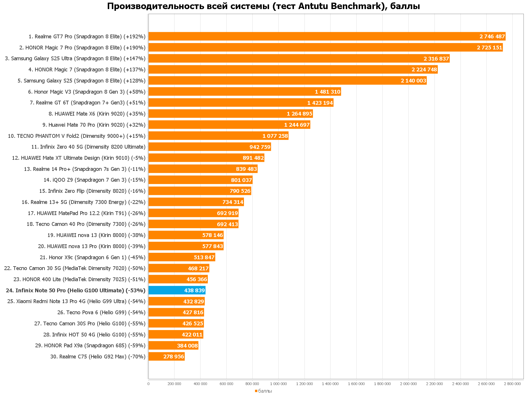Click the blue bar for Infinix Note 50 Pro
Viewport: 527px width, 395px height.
pos(177,290)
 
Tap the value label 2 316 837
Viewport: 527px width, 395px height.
pos(436,59)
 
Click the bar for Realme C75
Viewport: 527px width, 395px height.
pos(166,356)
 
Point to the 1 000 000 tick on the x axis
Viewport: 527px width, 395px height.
pos(278,384)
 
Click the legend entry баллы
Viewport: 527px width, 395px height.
pos(265,391)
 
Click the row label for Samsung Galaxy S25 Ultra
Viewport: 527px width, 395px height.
pos(75,59)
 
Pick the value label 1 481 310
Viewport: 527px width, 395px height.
pos(328,92)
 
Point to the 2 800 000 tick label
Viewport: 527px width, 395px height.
pos(512,384)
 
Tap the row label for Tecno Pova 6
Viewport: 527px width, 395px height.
pos(101,312)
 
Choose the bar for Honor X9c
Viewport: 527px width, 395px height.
pos(182,257)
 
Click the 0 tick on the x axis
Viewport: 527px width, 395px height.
pos(148,384)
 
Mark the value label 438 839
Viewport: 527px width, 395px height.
pos(194,290)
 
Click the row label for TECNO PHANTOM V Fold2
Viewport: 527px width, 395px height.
pos(77,136)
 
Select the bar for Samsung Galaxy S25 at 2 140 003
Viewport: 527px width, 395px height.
pos(287,80)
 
